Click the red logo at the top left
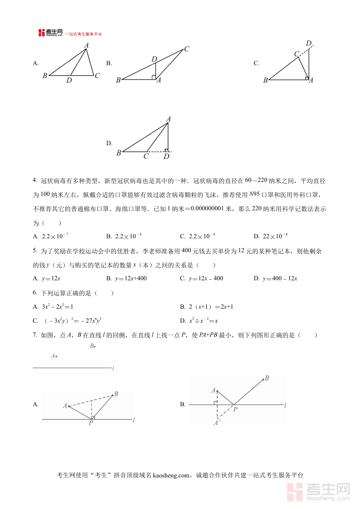click(42, 33)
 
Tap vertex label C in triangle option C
click(296, 54)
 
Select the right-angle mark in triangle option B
click(154, 77)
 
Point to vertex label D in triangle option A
click(69, 81)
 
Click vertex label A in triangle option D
click(168, 119)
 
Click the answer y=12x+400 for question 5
click(130, 278)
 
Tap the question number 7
click(35, 335)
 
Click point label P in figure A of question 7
click(91, 423)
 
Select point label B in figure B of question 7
click(267, 378)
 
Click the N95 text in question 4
click(254, 195)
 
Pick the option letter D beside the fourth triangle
click(109, 143)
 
